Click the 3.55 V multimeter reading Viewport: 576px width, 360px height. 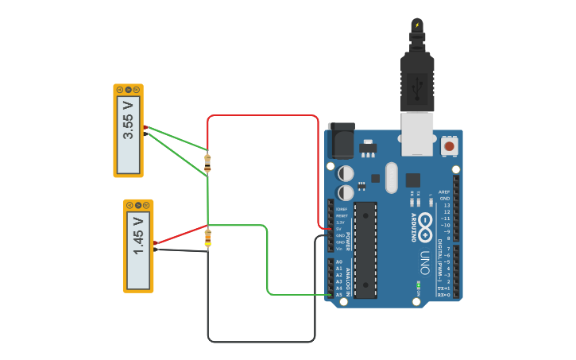[x=129, y=130]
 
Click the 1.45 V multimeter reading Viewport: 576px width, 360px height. [x=138, y=246]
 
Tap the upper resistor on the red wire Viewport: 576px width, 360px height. [x=207, y=162]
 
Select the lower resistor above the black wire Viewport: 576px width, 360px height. [x=207, y=237]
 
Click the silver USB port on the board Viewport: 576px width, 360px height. [x=417, y=133]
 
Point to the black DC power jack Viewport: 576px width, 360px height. [x=341, y=141]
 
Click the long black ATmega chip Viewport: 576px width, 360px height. [x=365, y=250]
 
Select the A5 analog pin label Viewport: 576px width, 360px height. [x=338, y=295]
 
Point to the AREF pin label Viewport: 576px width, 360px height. [x=444, y=192]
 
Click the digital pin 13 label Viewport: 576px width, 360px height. [x=446, y=205]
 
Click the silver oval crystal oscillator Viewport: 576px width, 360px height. [x=391, y=177]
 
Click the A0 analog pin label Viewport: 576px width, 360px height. [x=338, y=262]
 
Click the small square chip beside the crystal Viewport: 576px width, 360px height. [x=413, y=180]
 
